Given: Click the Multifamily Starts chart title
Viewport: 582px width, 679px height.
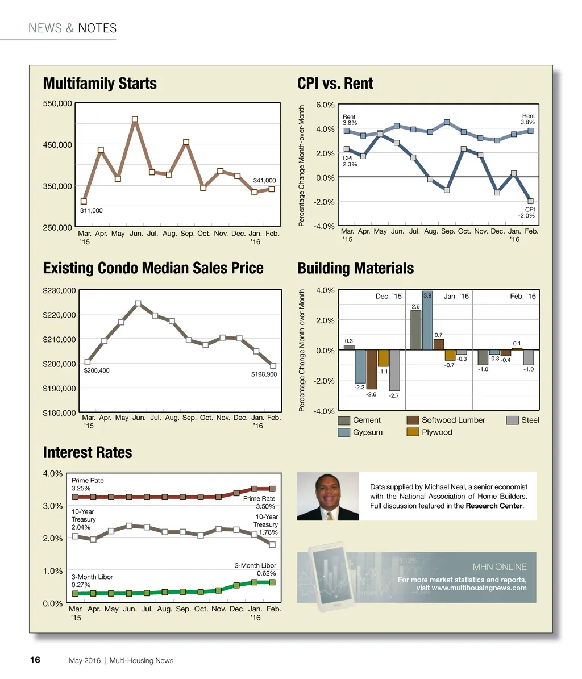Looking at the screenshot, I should point(100,84).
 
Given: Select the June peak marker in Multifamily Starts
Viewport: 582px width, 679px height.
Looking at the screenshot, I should point(135,119).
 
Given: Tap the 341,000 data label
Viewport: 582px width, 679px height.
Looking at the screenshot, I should point(264,181).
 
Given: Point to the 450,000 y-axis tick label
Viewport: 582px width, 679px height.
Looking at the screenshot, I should point(57,144).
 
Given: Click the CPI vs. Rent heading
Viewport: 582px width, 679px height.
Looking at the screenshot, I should point(335,84).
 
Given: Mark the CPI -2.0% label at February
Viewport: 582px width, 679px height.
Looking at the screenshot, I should point(526,213).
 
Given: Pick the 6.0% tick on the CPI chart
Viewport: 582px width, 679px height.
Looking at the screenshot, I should point(325,105).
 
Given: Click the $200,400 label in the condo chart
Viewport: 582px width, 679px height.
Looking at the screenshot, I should point(97,370).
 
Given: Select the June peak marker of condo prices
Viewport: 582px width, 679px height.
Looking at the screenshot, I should point(138,303).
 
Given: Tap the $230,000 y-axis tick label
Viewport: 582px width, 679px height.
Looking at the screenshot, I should point(60,290).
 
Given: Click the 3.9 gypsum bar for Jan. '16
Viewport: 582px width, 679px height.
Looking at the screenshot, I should point(427,321).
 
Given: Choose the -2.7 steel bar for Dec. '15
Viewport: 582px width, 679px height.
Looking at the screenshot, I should point(394,370).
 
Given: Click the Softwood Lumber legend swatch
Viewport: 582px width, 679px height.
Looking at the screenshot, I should point(413,420).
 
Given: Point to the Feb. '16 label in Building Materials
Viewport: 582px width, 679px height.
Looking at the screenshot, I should point(523,296).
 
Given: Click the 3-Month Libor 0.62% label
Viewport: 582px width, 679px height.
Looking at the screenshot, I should point(256,569).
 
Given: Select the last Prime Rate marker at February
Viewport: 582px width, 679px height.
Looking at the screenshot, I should point(272,489).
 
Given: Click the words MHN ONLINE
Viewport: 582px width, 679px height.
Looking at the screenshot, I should point(500,567).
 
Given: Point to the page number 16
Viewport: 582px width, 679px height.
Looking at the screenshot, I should point(35,660).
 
